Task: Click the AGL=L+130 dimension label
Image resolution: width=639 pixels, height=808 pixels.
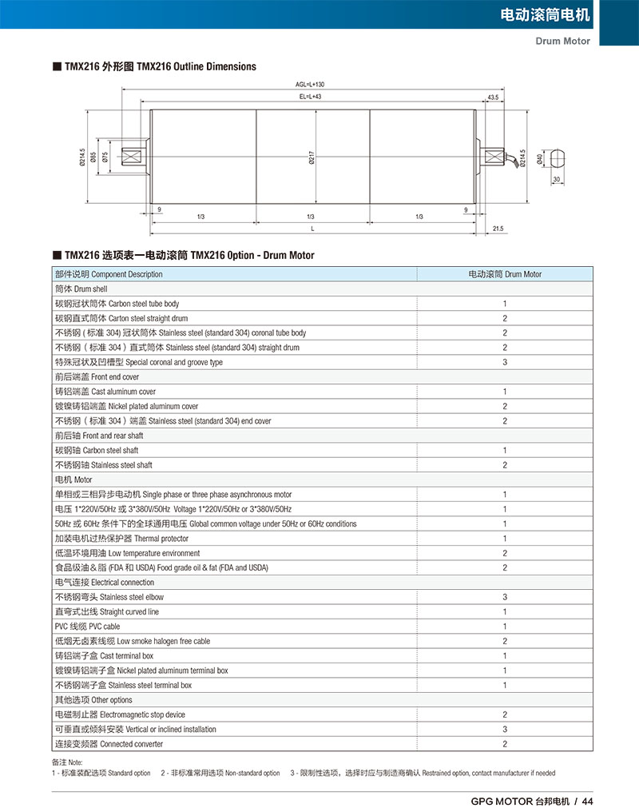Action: [310, 84]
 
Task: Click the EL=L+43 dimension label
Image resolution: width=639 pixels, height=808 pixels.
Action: [310, 96]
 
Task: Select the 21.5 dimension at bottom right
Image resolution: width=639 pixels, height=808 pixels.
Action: [498, 229]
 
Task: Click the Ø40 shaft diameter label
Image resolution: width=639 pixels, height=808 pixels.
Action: [540, 159]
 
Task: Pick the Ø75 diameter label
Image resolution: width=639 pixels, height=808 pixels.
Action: [105, 157]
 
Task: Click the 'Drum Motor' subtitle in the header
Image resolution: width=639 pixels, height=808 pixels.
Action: [563, 41]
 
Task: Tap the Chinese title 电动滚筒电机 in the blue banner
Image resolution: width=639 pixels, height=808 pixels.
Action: [545, 15]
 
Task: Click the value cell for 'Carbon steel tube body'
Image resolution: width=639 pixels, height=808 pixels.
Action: [505, 304]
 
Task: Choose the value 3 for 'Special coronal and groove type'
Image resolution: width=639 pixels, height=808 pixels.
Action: [505, 362]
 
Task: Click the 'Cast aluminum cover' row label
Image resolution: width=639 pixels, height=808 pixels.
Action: [105, 392]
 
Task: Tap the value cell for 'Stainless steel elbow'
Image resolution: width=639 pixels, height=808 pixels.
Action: [505, 597]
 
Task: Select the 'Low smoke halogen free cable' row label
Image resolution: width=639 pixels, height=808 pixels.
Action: [132, 641]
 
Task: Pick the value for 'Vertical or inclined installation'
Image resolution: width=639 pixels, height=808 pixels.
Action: [505, 729]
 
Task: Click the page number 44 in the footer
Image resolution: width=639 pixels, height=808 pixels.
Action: [588, 802]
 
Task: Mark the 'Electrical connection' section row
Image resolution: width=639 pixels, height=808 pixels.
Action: [104, 583]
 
